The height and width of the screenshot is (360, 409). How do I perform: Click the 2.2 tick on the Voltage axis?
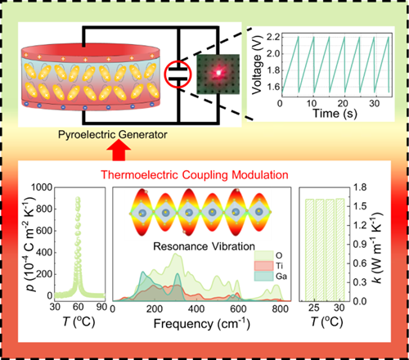(x=273, y=37)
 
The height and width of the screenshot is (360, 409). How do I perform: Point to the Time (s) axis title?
(x=335, y=113)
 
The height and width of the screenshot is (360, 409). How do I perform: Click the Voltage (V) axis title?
(x=257, y=65)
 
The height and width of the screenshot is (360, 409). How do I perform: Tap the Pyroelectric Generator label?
(x=112, y=134)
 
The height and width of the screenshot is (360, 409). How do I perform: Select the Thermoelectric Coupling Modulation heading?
(x=195, y=174)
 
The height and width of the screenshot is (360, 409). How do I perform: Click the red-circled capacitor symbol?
(x=178, y=74)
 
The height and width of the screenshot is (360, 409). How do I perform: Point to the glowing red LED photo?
(x=218, y=74)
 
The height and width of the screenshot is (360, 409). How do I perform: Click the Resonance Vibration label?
(x=204, y=246)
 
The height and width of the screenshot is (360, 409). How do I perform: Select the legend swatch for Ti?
(x=263, y=266)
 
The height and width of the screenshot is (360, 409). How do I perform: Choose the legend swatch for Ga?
(x=263, y=277)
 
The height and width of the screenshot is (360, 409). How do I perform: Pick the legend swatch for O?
(x=263, y=255)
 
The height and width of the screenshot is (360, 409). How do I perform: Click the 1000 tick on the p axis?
(x=42, y=187)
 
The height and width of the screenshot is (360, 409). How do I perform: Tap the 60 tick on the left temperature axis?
(x=78, y=307)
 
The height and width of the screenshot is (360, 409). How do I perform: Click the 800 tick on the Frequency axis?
(x=280, y=308)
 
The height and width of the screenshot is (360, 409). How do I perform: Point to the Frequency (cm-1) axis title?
(x=202, y=323)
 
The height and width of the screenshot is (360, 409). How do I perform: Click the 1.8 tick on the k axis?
(x=361, y=187)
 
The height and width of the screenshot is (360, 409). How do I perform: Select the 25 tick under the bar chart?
(x=314, y=308)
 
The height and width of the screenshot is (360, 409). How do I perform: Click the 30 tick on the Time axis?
(x=374, y=103)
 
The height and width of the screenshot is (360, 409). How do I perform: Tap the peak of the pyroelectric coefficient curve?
(x=78, y=198)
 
